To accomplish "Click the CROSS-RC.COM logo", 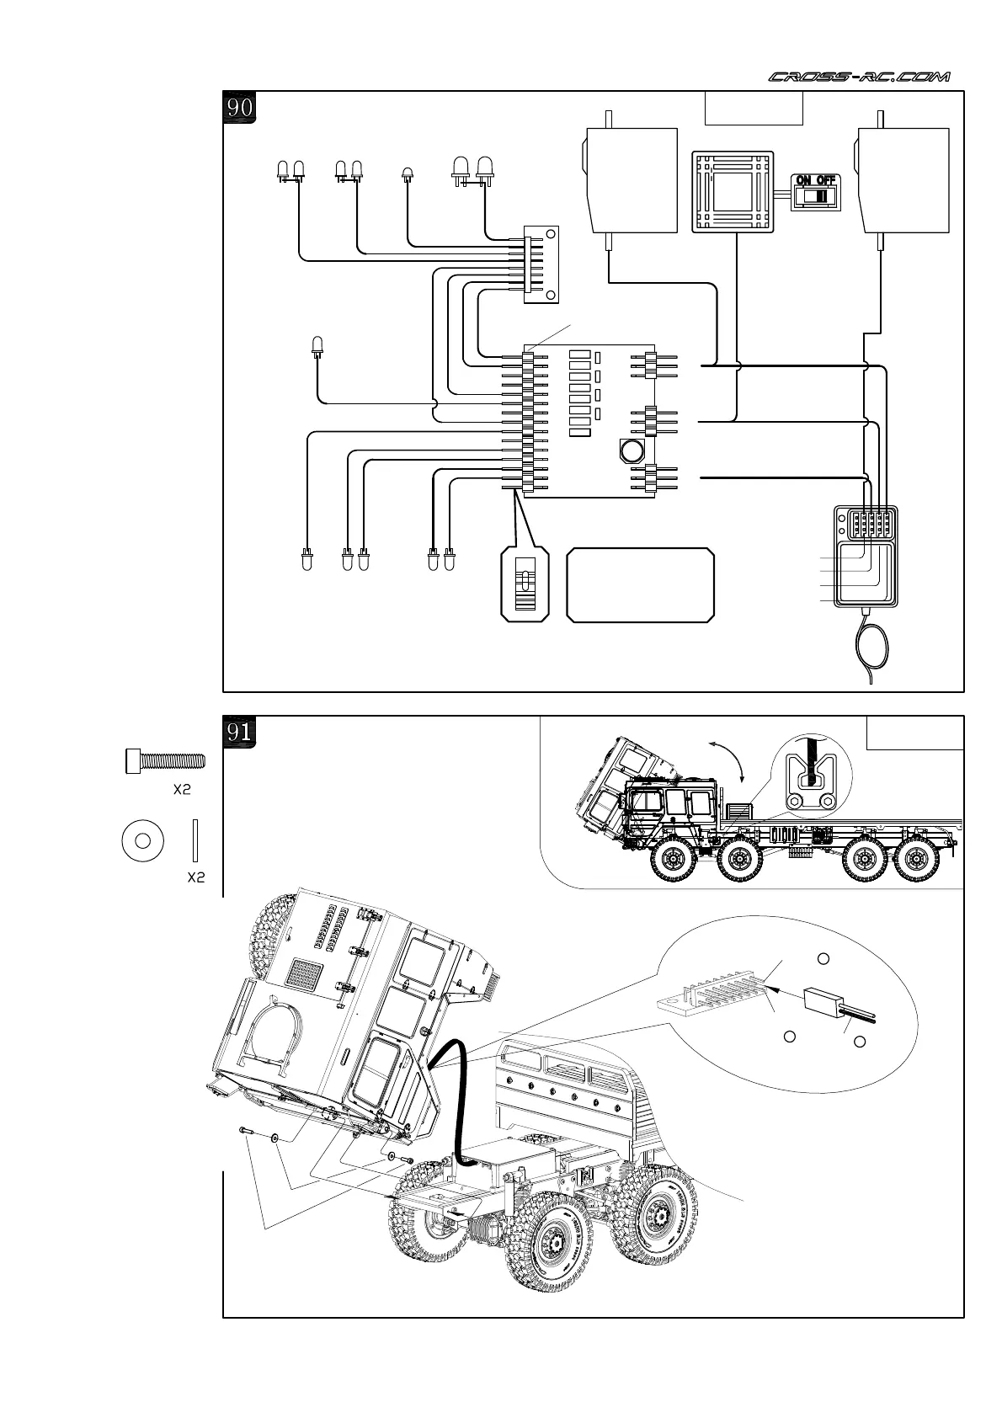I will point(859,77).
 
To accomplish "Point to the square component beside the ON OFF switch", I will point(733,191).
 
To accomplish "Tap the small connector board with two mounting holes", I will point(540,264).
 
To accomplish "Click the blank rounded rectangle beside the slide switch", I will point(641,585).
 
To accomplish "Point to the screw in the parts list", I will point(164,761).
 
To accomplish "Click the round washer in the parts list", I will point(143,840).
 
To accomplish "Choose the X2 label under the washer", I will point(196,877).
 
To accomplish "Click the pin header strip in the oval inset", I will point(714,994).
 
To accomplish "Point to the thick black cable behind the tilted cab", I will point(456,1095).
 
